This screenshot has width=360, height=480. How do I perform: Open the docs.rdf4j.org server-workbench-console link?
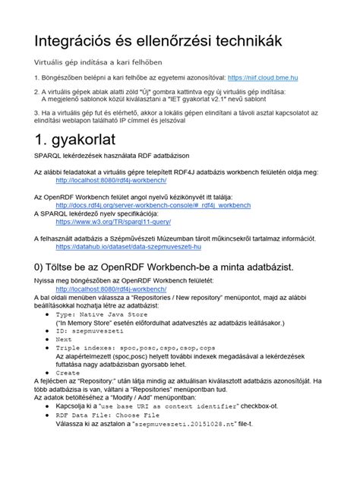(x=153, y=204)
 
